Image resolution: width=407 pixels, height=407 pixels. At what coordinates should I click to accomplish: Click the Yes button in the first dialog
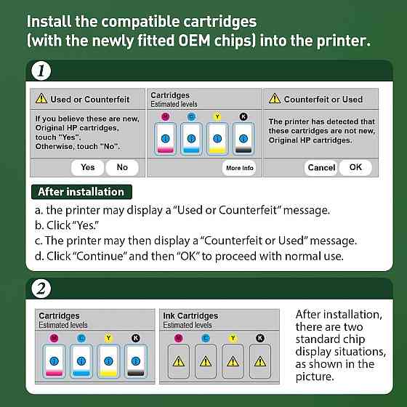pos(87,167)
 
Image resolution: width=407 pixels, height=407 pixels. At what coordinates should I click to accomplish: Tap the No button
pos(122,167)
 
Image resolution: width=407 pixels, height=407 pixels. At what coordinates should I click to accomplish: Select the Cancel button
pos(321,167)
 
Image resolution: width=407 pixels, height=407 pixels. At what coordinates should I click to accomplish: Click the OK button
pos(355,167)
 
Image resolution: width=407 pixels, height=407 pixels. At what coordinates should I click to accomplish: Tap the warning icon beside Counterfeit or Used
pos(275,99)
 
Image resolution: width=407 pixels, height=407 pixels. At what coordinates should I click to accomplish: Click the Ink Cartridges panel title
pos(190,316)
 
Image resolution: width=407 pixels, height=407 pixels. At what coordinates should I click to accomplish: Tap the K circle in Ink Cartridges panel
pos(259,338)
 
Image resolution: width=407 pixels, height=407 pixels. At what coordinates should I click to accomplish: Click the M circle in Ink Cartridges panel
pos(179,338)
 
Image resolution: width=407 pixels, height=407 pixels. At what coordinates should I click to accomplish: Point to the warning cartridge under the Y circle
pos(232,361)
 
